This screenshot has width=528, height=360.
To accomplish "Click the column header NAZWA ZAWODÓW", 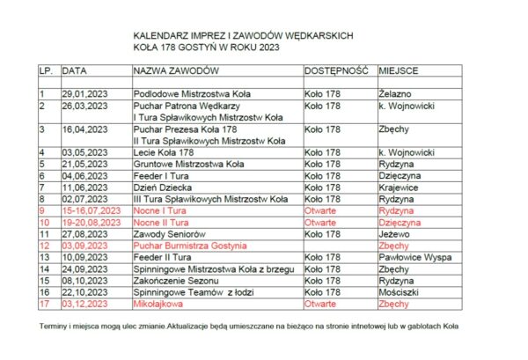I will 176,70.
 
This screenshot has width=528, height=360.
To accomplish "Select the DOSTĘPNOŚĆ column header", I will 335,70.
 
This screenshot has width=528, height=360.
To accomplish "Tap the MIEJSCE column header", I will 399,70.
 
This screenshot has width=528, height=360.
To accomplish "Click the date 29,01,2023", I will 84,92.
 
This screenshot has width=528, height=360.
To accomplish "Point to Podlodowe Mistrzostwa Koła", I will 187,92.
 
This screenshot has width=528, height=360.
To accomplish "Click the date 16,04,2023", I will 84,129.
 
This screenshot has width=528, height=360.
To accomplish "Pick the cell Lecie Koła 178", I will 163,152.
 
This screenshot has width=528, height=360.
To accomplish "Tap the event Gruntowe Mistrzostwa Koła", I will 187,164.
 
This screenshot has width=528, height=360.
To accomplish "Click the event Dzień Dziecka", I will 162,187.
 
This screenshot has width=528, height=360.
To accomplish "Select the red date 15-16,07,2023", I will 91,211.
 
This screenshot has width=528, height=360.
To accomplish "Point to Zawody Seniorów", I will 169,234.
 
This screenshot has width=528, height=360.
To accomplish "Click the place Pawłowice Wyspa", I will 414,257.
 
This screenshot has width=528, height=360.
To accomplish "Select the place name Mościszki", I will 400,291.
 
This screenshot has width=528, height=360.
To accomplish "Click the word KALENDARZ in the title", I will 161,35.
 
